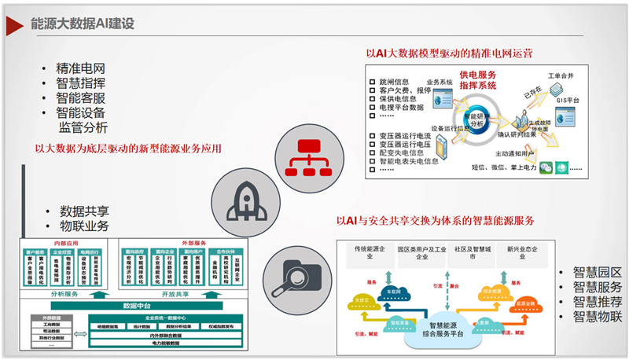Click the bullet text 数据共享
[86, 211]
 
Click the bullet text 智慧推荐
[597, 302]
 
